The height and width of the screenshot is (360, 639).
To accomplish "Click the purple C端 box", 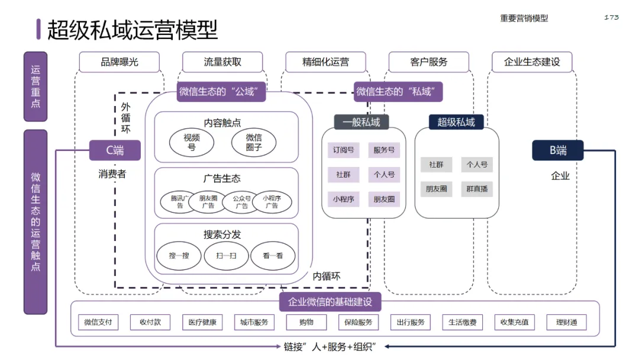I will pos(115,150).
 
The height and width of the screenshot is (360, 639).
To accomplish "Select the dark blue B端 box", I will pos(557,150).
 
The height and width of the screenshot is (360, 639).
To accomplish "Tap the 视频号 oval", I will pos(192,143).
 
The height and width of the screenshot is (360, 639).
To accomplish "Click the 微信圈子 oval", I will pos(254,143).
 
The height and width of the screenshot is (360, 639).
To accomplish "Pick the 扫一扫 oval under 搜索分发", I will pos(227,256).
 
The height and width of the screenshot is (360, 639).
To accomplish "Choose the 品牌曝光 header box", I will pos(120,62).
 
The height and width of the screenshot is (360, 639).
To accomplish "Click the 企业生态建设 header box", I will pos(532,62).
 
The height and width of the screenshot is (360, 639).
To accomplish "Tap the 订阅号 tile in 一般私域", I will pos(343,150).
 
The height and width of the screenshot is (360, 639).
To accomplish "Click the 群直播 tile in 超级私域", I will pos(477,189).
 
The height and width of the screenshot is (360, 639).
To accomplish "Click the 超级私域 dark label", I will pos(456,122).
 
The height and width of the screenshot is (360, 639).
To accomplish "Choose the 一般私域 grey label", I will pos(362,122).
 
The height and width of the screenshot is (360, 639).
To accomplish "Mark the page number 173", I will pos(611,17).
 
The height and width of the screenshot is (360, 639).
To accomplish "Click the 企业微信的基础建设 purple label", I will pos(330,302).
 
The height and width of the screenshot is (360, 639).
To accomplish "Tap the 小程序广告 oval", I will pos(272,202).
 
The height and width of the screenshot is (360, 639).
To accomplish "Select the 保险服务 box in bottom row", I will pos(359,323).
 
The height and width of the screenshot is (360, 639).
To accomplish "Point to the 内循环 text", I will pos(327,276).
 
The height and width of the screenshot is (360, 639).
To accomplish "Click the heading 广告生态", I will pos(222,178).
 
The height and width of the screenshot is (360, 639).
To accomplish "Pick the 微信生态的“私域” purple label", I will pos(399,92).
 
